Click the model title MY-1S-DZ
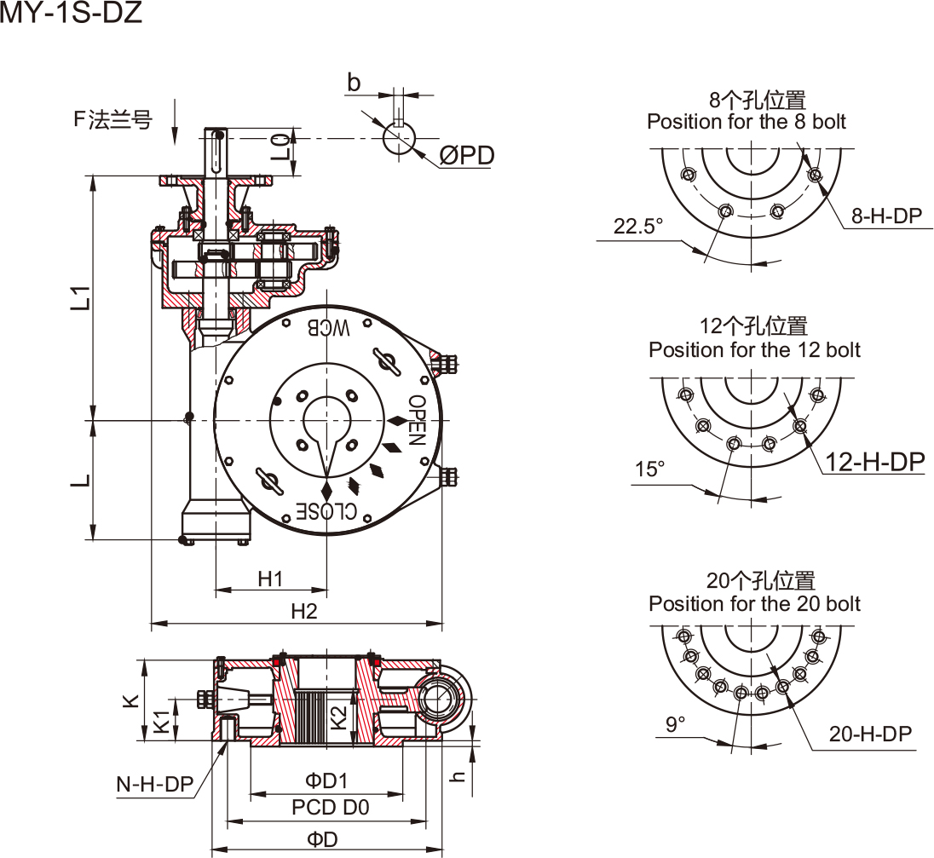coord(71,14)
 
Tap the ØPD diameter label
coord(467,155)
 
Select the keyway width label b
coord(355,83)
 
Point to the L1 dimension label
coord(80,297)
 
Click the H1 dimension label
coord(270,579)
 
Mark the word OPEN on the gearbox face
coord(416,421)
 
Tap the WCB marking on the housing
coord(329,326)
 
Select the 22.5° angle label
coord(637,227)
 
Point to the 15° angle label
coord(649,469)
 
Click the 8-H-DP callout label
coord(887,216)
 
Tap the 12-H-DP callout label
coord(875,462)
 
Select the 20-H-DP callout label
coord(870,734)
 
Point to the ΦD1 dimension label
coord(326,780)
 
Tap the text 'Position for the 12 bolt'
coord(754,349)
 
